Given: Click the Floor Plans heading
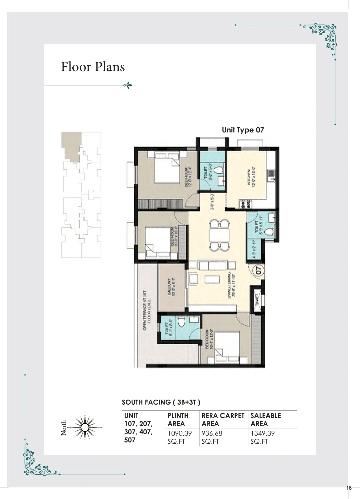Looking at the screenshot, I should (x=93, y=67).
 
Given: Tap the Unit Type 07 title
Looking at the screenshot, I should (x=243, y=130).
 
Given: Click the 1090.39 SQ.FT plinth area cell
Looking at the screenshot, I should (x=180, y=437).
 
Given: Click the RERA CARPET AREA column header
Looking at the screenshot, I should (x=223, y=419).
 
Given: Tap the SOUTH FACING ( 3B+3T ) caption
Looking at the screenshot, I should (x=161, y=402).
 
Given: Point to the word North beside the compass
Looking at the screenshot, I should (x=64, y=428).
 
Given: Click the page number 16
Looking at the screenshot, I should (x=349, y=488).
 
